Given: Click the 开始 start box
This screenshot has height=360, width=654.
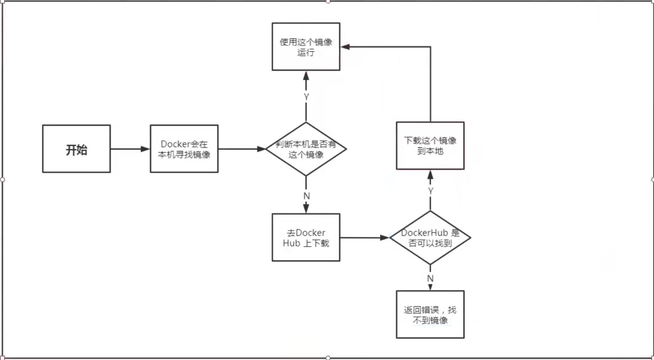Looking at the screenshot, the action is click(x=77, y=149).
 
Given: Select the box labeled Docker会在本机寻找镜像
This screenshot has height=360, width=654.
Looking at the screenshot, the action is click(x=184, y=149).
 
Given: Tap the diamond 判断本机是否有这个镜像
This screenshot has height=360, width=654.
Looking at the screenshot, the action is click(x=306, y=149).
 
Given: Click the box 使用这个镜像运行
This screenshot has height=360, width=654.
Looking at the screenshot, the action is click(x=306, y=47).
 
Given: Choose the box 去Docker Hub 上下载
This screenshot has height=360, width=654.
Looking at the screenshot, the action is click(x=306, y=238).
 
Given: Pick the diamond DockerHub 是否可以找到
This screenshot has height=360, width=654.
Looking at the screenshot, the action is click(x=430, y=238).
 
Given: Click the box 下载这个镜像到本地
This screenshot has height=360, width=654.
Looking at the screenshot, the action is click(x=430, y=145).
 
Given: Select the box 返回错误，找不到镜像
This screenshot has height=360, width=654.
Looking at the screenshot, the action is click(x=430, y=315).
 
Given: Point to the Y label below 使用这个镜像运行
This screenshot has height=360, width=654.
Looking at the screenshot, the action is click(x=306, y=97).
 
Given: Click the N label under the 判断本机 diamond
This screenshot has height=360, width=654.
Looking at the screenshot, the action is click(x=307, y=196).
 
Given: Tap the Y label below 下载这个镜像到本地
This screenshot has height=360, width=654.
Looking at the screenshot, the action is click(x=430, y=191).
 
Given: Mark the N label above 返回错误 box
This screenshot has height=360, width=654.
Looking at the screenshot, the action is click(x=430, y=279).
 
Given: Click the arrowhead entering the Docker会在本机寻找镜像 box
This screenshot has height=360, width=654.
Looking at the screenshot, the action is click(x=145, y=149).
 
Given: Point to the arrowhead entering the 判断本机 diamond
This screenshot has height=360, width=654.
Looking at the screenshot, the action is click(x=261, y=149).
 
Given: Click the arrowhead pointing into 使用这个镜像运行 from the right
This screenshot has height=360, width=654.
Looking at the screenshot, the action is click(x=346, y=47).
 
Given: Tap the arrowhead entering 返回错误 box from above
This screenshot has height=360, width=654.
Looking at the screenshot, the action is click(x=430, y=287).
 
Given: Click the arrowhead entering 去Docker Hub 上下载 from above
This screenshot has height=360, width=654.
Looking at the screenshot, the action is click(x=306, y=209).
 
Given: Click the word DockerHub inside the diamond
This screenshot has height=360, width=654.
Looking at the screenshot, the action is click(x=425, y=233).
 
